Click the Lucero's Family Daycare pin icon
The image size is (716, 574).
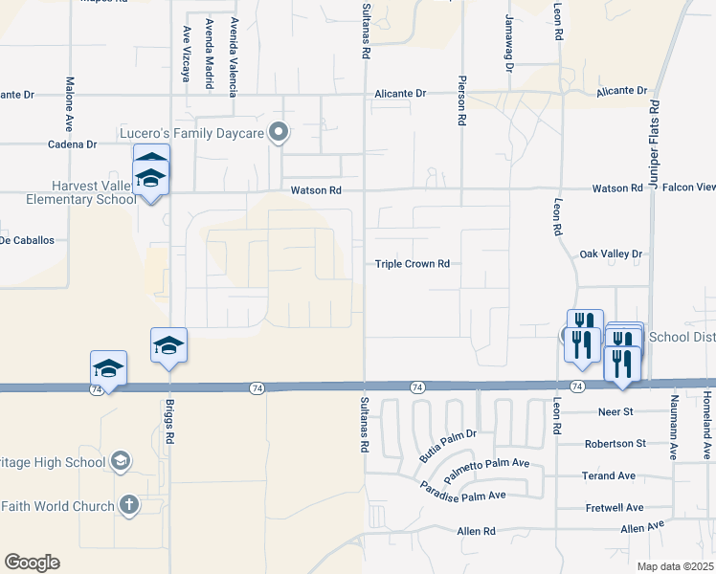(279, 132)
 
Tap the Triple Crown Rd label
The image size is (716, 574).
(412, 264)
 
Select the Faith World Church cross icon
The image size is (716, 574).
(129, 505)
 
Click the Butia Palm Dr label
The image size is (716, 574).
(448, 446)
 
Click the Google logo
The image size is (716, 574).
(32, 562)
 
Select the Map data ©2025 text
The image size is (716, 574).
(676, 566)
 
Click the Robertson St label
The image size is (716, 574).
(615, 444)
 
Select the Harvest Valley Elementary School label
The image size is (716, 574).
(68, 193)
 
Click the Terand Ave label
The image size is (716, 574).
(609, 475)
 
